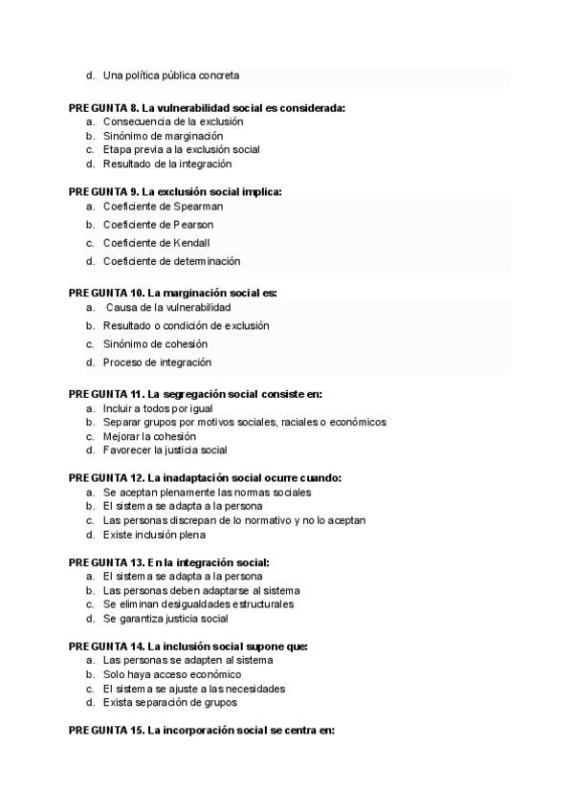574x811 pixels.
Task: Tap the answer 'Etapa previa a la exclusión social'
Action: click(181, 149)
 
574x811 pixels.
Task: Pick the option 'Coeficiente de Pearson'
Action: click(158, 224)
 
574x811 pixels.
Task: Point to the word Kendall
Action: click(191, 242)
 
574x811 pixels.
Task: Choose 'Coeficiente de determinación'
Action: click(171, 260)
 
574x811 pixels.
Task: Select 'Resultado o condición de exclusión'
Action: click(186, 325)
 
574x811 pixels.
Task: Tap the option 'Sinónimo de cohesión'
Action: click(155, 343)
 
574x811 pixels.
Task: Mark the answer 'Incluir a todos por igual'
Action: click(158, 408)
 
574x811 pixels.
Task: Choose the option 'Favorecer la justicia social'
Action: click(165, 449)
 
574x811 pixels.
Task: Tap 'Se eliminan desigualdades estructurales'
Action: click(198, 603)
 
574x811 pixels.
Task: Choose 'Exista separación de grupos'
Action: click(169, 702)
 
